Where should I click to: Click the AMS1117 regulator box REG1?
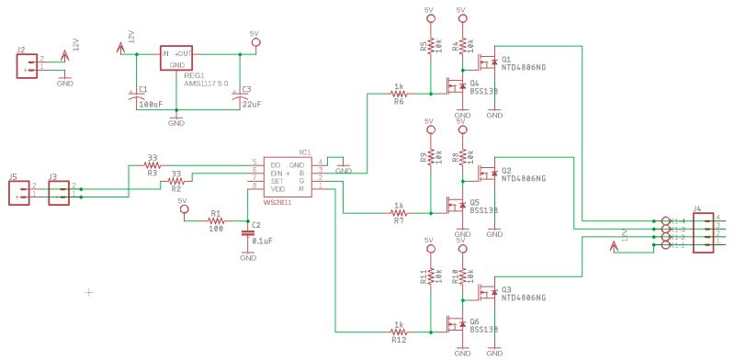coord(177,58)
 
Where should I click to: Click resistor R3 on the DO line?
coord(152,165)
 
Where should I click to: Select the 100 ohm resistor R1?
coord(216,220)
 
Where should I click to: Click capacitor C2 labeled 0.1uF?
coord(247,234)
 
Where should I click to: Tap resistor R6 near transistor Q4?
coord(398,94)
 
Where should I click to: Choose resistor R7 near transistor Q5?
coord(398,213)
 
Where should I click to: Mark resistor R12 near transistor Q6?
coord(398,332)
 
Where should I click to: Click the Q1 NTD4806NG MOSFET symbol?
coord(486,62)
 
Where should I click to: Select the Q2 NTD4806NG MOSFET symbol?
coord(486,174)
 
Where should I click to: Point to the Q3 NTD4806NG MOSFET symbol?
coord(486,293)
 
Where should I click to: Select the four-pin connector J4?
coord(704,232)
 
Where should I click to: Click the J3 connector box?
coord(58,191)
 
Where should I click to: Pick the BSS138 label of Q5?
coord(483,210)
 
